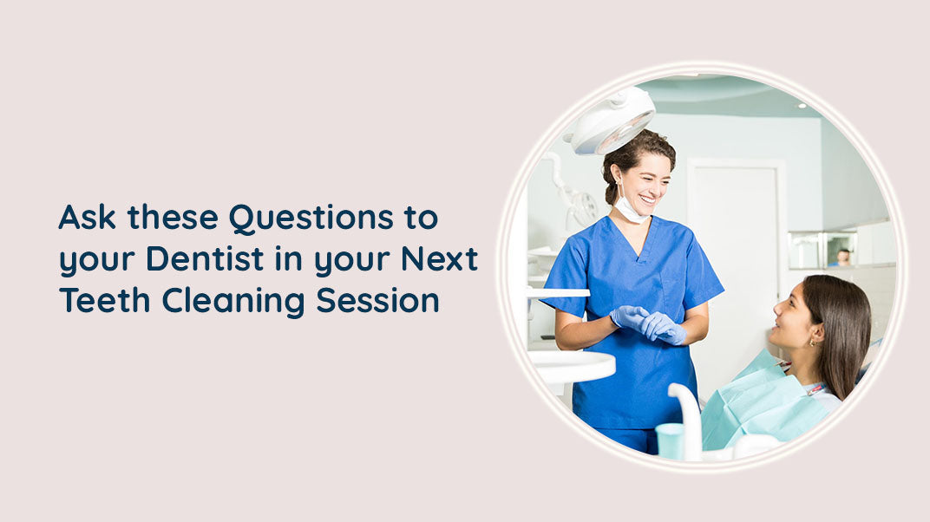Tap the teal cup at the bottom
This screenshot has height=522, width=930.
pos(669,440)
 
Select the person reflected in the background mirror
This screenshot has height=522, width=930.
pos(842,257)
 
